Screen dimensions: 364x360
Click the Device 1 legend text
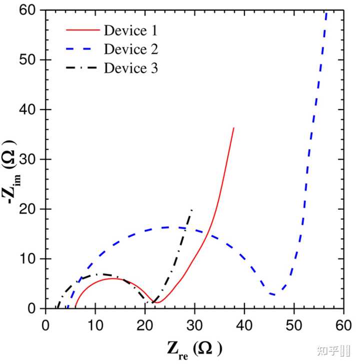coord(130,31)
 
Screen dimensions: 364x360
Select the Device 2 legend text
coord(131,49)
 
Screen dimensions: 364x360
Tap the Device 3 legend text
coord(131,68)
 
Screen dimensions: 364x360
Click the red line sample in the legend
coord(82,31)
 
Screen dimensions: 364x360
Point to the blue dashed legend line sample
coord(82,49)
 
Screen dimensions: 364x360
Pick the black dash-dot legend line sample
coord(82,68)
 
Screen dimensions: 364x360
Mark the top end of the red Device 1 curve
coord(233,128)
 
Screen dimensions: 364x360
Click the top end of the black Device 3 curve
coord(192,209)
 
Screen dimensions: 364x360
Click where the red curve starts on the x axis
coord(75,307)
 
